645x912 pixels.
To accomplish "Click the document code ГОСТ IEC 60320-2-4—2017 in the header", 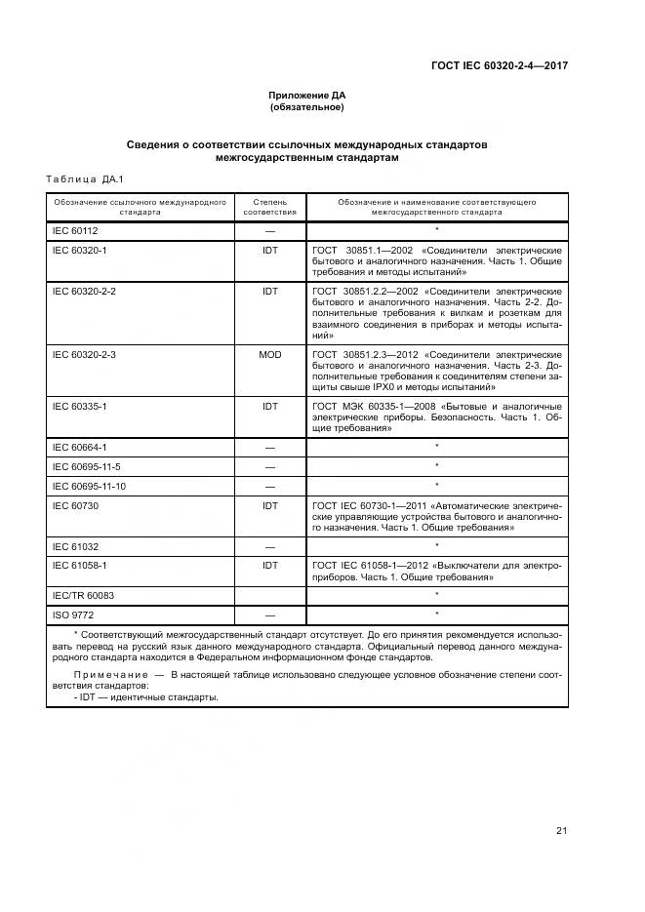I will pos(500,66).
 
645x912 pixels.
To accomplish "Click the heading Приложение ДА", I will pos(307,95).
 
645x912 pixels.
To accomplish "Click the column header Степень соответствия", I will pos(269,206).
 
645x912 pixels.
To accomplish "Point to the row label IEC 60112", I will pos(75,230).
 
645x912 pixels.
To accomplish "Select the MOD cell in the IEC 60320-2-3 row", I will pos(269,354).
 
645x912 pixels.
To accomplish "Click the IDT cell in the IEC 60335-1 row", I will pos(269,405).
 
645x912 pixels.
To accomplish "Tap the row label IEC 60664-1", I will pos(79,447).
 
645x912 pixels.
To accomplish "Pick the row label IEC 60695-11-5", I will pos(86,466).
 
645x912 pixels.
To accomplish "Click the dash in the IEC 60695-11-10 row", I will pos(269,486).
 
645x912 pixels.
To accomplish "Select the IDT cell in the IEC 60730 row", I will pos(269,505).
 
